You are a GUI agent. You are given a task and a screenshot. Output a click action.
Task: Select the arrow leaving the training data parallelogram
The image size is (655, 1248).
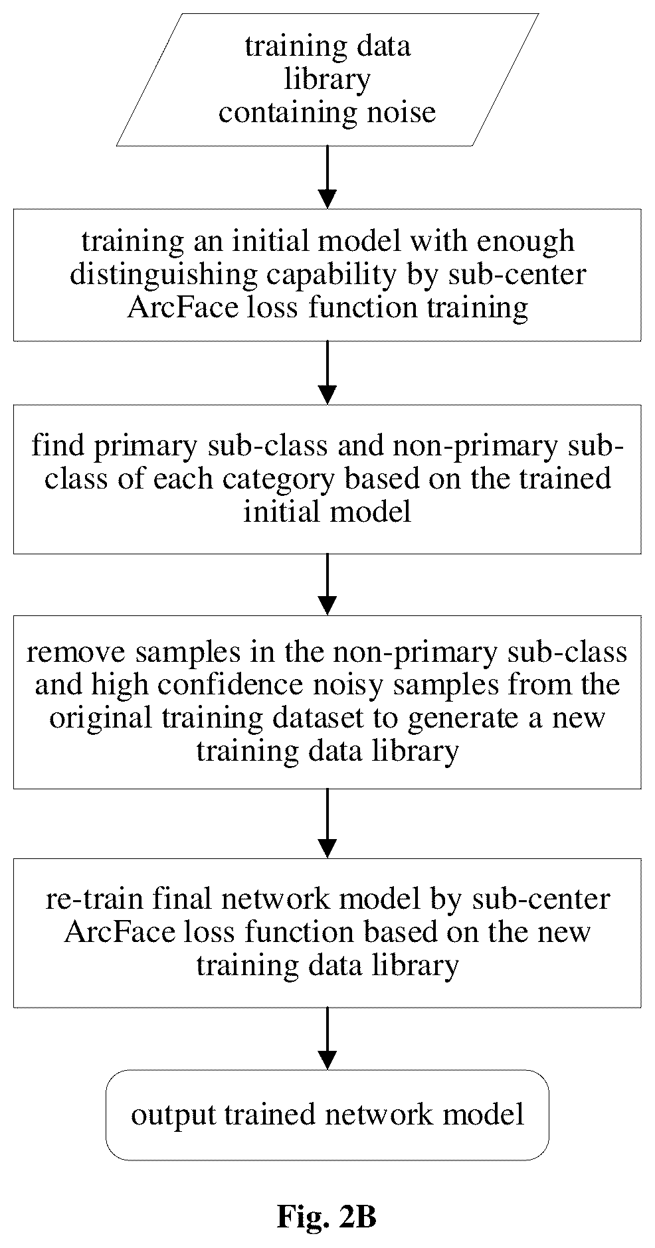pos(327,177)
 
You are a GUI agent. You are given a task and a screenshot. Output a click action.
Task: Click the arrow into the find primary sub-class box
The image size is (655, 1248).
pos(327,372)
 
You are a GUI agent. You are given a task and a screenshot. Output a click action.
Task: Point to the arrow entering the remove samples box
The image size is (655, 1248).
pos(327,584)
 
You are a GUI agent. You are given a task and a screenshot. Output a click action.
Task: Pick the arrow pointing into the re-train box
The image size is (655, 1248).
pos(327,823)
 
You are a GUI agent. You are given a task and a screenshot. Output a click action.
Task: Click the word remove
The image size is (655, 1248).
pos(73,653)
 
